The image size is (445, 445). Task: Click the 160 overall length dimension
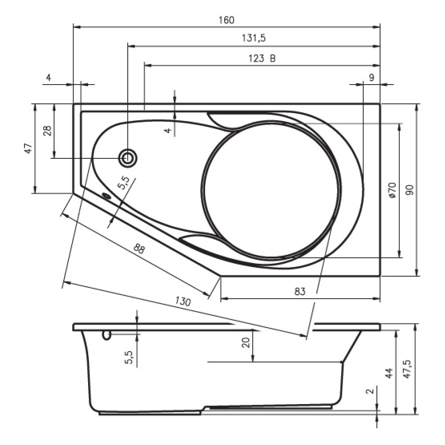pos(227,20)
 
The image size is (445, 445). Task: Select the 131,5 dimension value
pos(254,38)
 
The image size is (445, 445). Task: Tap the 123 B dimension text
pos(262,58)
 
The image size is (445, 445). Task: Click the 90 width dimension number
pos(410,190)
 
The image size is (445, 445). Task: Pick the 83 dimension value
pos(299,291)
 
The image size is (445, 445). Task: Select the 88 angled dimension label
pos(139,249)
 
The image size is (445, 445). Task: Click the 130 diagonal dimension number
pos(183,301)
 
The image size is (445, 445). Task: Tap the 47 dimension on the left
pos(28,148)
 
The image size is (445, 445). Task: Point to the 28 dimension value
pos(48,131)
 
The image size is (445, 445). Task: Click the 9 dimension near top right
pos(372,77)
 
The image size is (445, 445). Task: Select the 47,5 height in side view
pos(408,369)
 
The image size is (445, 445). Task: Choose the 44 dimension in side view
pos(388,372)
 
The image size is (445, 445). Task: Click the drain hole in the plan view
pos(128,158)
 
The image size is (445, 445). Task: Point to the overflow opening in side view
pos(106,335)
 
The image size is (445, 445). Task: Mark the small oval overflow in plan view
pos(107,195)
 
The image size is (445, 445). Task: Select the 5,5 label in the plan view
pos(124,183)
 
